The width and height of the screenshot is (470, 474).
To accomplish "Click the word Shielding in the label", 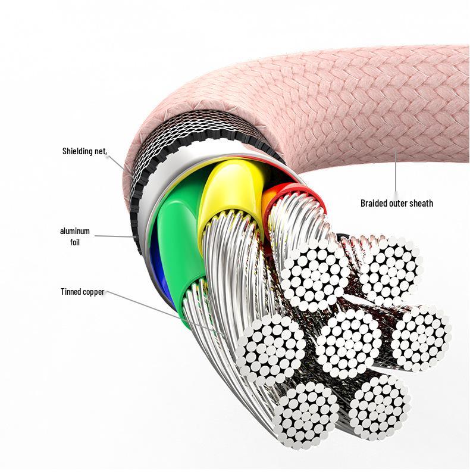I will click(79, 151).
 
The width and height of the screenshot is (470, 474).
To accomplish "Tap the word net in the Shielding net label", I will click(101, 151).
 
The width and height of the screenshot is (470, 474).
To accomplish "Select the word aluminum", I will click(75, 231).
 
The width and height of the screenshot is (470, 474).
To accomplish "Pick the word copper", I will click(95, 292).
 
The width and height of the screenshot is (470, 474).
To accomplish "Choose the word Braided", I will click(375, 203).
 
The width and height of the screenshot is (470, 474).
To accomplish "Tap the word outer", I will click(402, 203).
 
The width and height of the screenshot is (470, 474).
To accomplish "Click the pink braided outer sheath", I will click(333, 101).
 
